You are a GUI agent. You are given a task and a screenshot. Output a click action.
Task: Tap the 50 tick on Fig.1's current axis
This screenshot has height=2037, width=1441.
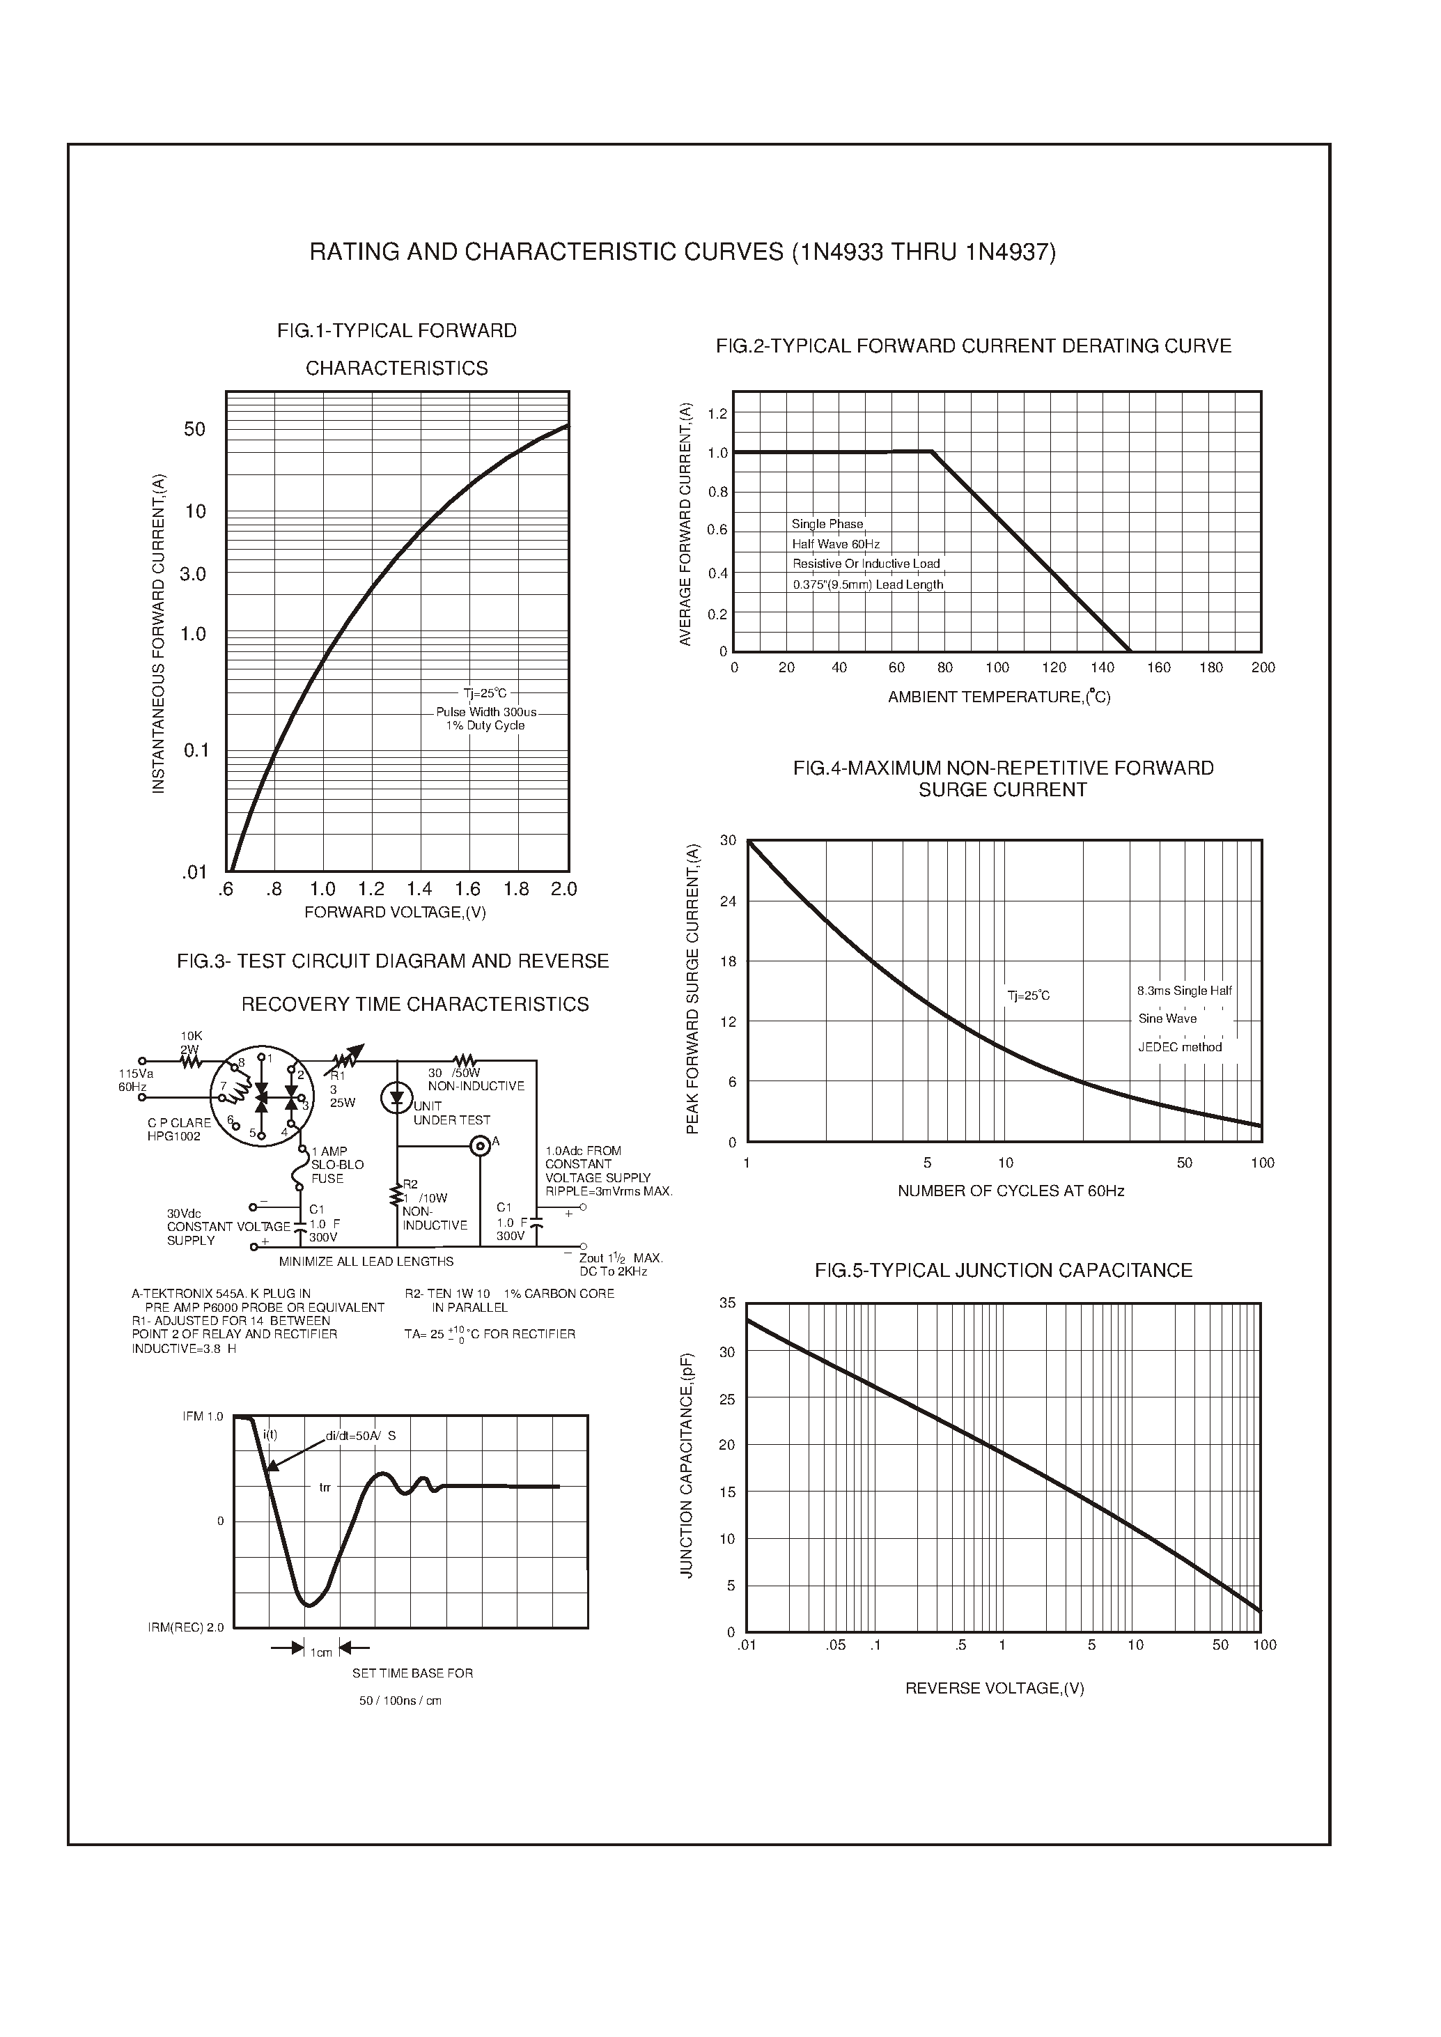194,430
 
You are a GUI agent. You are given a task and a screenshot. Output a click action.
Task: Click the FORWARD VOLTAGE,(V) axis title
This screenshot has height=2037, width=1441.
395,913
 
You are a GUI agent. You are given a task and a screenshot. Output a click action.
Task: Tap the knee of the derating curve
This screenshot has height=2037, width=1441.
932,452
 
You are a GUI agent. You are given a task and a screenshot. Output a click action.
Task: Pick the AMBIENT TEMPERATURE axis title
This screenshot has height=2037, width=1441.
999,697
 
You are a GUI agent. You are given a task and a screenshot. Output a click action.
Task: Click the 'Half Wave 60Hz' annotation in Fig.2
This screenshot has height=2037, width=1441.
836,544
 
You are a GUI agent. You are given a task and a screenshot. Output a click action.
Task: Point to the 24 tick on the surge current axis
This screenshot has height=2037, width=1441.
728,901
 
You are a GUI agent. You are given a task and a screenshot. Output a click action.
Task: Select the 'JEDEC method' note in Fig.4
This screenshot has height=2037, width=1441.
1179,1047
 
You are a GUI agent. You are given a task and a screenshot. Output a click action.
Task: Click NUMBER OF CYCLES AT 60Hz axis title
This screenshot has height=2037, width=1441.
1011,1191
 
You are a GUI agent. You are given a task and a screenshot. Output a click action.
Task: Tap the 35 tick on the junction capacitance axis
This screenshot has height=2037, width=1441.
728,1303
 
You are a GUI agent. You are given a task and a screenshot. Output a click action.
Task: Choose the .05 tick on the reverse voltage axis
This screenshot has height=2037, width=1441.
836,1645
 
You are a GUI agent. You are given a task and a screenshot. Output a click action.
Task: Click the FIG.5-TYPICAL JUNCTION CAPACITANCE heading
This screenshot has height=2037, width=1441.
1003,1270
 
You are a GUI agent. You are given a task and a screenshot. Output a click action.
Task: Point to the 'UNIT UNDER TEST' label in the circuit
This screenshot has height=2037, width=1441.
451,1114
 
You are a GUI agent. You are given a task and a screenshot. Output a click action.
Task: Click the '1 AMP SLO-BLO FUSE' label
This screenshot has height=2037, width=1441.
337,1165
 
